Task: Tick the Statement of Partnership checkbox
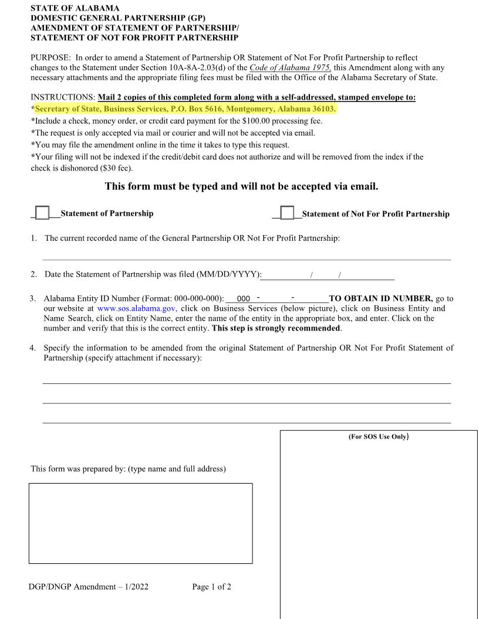[x=42, y=213]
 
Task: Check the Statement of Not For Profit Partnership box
[x=287, y=213]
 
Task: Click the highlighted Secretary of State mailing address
[x=185, y=109]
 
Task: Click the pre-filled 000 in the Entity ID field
[x=244, y=299]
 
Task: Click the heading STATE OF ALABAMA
[x=75, y=8]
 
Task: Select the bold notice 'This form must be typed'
[x=241, y=186]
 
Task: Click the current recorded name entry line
[x=247, y=255]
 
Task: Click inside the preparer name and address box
[x=141, y=523]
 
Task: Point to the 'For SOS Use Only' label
[x=379, y=437]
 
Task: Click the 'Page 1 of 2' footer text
[x=211, y=587]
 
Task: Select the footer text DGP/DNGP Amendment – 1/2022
[x=89, y=587]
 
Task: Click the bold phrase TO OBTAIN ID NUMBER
[x=380, y=298]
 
